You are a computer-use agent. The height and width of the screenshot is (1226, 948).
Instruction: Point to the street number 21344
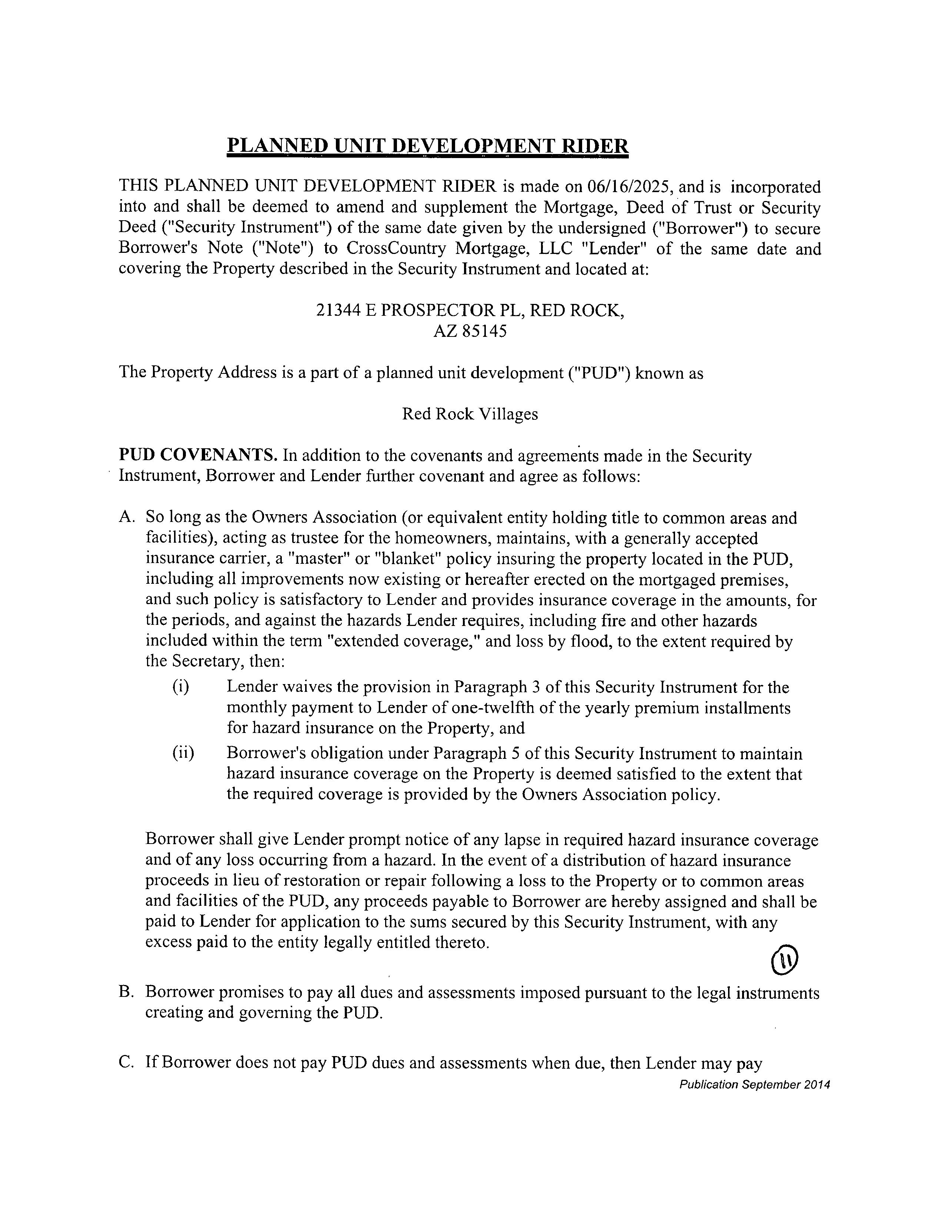(338, 311)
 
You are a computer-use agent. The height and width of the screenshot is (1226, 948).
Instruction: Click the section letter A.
(126, 517)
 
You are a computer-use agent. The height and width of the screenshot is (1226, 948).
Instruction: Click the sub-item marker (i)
(180, 687)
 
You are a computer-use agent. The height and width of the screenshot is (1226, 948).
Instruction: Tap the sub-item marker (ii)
(183, 753)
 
